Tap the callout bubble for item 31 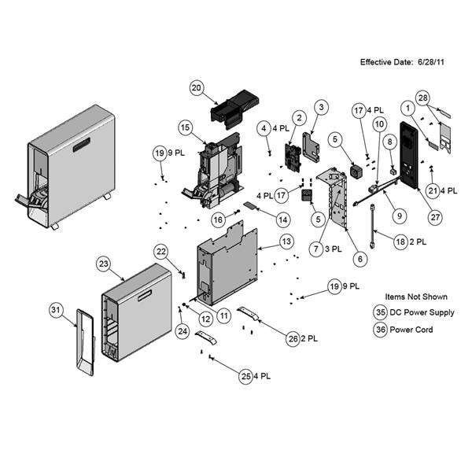(x=56, y=310)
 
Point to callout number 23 (x=102, y=264)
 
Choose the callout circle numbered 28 (x=422, y=98)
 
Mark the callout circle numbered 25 (x=246, y=377)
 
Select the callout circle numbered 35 (x=381, y=312)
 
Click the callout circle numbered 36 (x=381, y=330)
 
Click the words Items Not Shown (x=416, y=297)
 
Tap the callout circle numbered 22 (x=160, y=251)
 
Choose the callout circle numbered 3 (x=321, y=105)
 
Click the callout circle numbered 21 (x=432, y=190)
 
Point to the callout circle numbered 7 (x=315, y=249)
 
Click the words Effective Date (x=388, y=61)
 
